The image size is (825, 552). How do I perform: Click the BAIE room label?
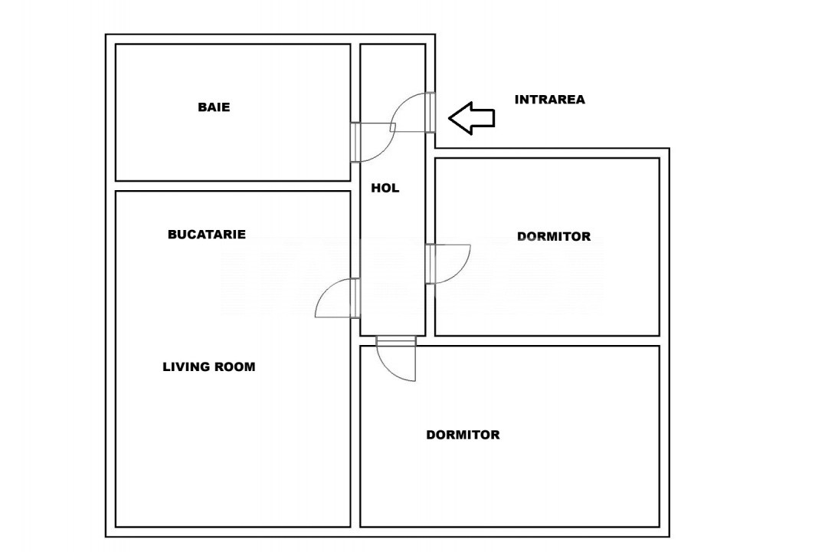point(214,107)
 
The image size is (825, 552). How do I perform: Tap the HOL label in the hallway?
point(385,188)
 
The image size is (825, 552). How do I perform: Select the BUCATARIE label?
point(207,235)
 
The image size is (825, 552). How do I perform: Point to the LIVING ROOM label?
point(209,366)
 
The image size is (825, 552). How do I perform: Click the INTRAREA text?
point(550,100)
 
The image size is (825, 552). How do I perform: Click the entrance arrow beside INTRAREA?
point(471,118)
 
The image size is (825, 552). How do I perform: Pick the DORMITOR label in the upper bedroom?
point(554,236)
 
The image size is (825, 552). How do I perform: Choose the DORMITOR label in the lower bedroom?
point(463,435)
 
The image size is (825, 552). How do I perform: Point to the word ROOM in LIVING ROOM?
point(235,366)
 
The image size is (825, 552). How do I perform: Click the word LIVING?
point(186,366)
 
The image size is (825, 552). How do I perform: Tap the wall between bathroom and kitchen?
point(233,186)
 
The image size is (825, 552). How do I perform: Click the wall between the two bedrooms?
point(547,341)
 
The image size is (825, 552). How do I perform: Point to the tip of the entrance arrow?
point(449,118)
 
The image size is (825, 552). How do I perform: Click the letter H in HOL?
point(375,188)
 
